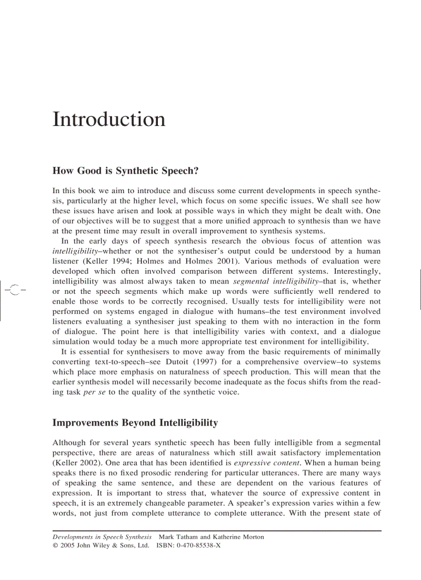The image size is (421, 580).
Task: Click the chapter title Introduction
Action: [x=109, y=119]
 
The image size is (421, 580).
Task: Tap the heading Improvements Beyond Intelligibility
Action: [x=135, y=423]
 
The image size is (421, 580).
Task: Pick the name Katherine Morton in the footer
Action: [x=238, y=537]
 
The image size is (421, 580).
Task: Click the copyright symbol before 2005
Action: [x=55, y=545]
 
